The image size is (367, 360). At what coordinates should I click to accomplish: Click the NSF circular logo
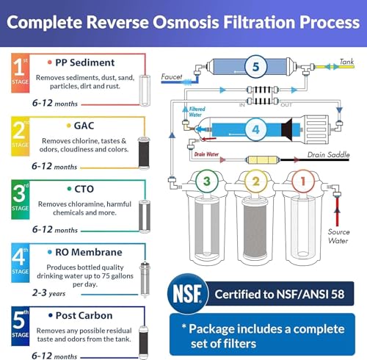(x=188, y=293)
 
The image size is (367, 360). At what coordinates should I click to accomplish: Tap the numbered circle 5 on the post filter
(x=255, y=66)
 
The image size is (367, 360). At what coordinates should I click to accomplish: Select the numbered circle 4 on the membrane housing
(x=255, y=129)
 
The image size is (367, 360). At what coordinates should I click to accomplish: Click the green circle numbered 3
(x=207, y=181)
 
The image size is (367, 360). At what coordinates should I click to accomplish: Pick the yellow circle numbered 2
(x=255, y=181)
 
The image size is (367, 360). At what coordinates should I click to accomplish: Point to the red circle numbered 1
(x=303, y=181)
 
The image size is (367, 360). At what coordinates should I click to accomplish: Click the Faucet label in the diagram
(x=172, y=77)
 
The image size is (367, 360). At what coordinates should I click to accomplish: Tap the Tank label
(x=346, y=62)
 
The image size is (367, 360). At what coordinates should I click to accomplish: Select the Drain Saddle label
(x=328, y=154)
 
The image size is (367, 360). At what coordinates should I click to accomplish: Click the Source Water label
(x=338, y=236)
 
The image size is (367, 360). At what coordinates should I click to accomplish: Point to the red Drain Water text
(x=206, y=154)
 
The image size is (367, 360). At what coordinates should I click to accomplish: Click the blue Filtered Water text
(x=197, y=112)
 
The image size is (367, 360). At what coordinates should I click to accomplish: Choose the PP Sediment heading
(x=85, y=62)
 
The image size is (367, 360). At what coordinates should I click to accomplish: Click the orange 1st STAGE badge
(x=21, y=73)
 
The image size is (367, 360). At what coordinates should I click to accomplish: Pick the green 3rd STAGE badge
(x=21, y=200)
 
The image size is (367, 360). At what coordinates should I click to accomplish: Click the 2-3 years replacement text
(x=48, y=293)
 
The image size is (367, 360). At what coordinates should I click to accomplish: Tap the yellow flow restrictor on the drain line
(x=262, y=160)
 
